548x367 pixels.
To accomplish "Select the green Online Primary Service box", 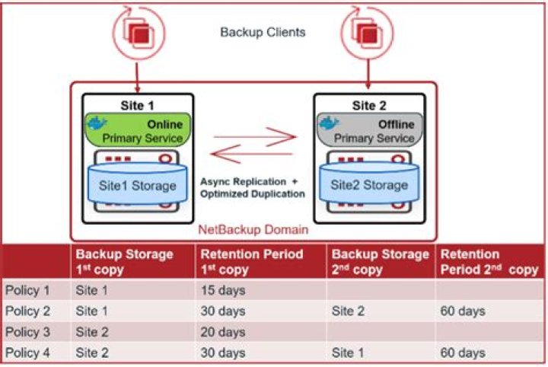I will click(134, 129).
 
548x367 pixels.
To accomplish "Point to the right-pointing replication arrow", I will click(255, 137).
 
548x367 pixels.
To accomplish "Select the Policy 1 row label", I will click(27, 290).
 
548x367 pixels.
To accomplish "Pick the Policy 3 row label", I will click(27, 332).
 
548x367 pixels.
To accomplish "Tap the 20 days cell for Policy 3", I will click(222, 332).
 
